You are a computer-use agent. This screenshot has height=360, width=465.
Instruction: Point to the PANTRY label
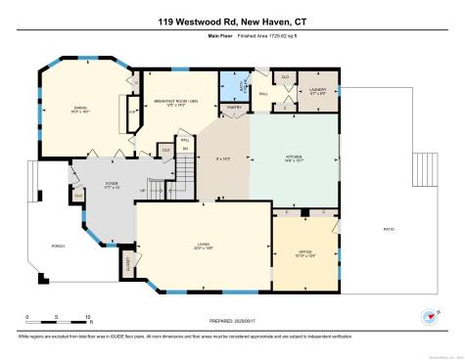click(x=234, y=107)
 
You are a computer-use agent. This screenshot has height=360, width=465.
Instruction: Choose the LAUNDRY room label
click(x=317, y=89)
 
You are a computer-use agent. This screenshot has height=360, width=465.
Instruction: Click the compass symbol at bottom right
click(x=427, y=316)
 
